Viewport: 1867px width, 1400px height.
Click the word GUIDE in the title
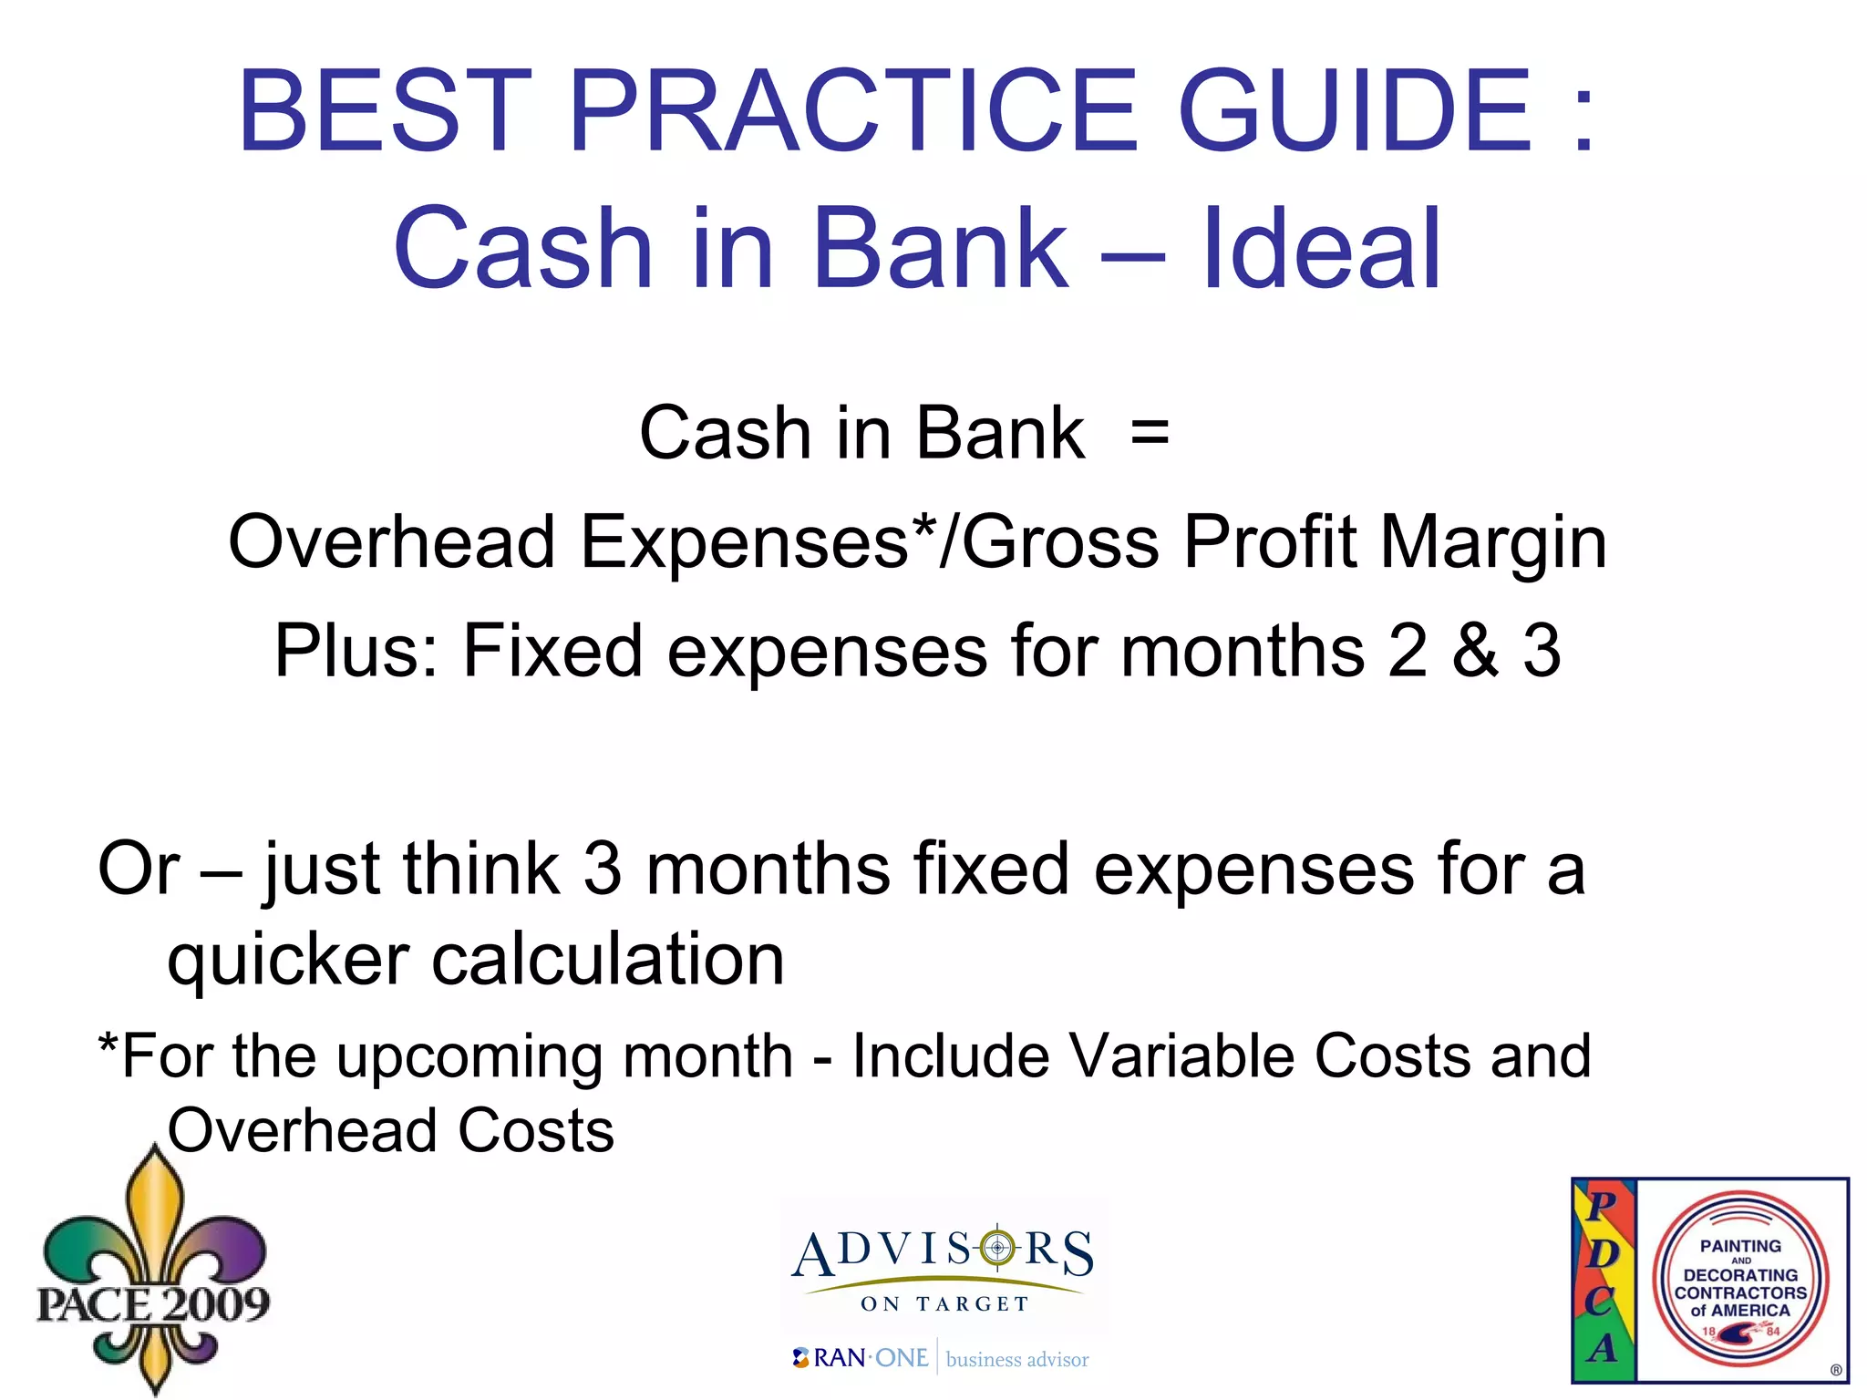pos(1354,111)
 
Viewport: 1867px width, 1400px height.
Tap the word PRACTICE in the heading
pos(852,111)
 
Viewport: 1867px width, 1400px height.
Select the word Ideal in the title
pos(1322,248)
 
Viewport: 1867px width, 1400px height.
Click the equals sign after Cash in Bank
pos(1150,433)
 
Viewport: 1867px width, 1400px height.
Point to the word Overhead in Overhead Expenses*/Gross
pos(392,542)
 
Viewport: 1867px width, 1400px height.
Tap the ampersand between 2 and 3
pos(1475,651)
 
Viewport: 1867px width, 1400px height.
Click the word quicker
pos(288,961)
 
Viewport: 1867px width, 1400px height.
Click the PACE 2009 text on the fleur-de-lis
pos(153,1303)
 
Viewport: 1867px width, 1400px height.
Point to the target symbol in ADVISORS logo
pos(997,1247)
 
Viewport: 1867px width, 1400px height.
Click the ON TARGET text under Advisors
pos(944,1304)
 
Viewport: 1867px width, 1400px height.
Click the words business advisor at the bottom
pos(1017,1360)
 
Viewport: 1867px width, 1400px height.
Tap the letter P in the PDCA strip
pos(1603,1206)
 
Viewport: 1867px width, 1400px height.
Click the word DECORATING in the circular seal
pos(1740,1275)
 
